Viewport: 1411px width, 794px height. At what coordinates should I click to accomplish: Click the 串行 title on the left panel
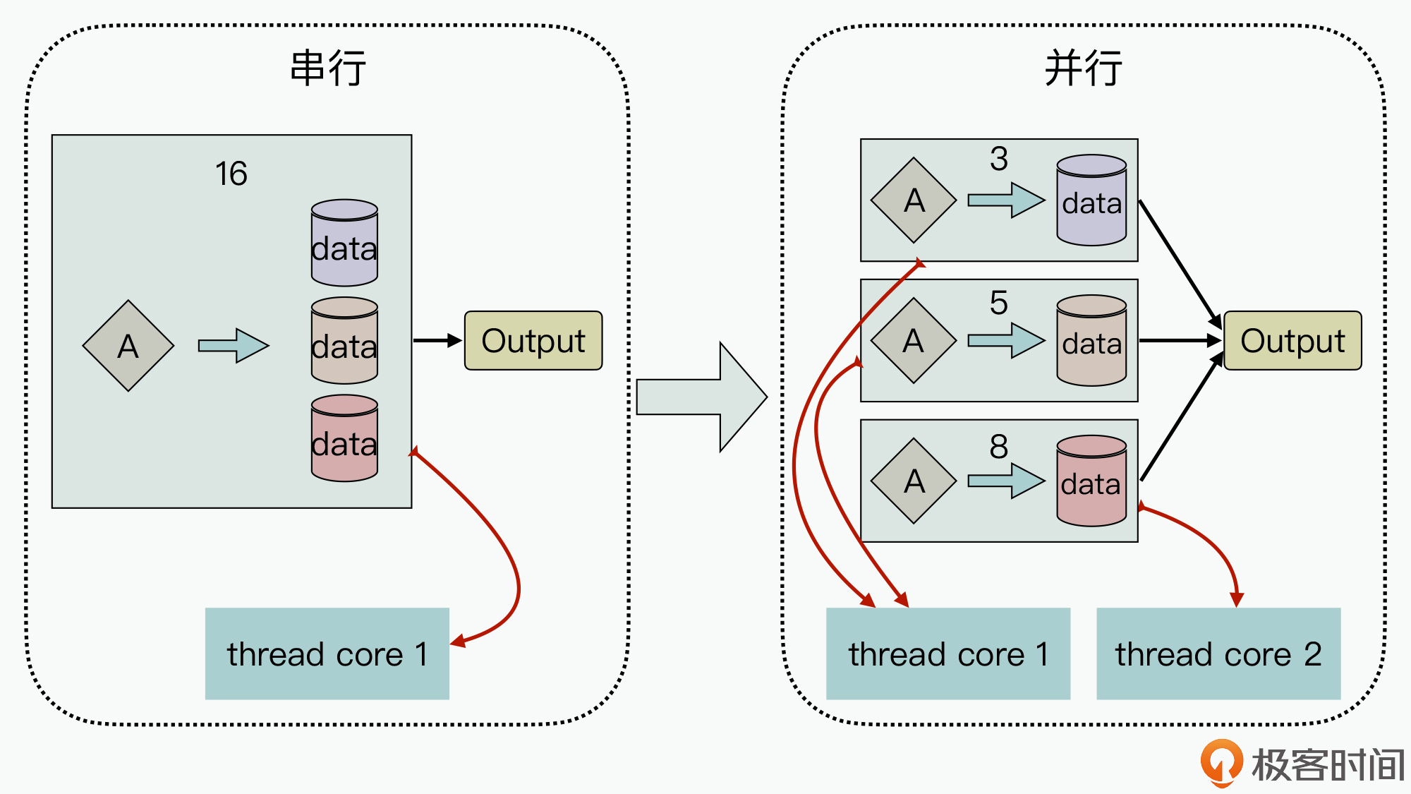pyautogui.click(x=328, y=68)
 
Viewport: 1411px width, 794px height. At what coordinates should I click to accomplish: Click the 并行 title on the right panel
pyautogui.click(x=1083, y=68)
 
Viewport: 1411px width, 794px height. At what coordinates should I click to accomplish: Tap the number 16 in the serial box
pyautogui.click(x=231, y=174)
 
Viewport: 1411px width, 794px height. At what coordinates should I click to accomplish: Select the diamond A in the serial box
pyautogui.click(x=128, y=346)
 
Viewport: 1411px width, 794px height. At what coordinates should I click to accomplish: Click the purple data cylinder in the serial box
pyautogui.click(x=344, y=243)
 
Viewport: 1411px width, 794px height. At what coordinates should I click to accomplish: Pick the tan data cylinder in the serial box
pyautogui.click(x=344, y=340)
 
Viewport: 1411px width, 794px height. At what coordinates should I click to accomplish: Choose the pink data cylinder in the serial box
pyautogui.click(x=344, y=438)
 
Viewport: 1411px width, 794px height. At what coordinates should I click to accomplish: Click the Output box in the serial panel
pyautogui.click(x=533, y=341)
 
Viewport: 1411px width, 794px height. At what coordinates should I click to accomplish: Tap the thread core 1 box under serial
pyautogui.click(x=327, y=654)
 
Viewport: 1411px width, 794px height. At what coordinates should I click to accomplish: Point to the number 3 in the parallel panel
pyautogui.click(x=998, y=159)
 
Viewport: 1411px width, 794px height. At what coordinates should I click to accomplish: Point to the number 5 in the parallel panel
pyautogui.click(x=998, y=303)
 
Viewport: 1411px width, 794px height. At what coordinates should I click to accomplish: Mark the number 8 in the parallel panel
pyautogui.click(x=998, y=446)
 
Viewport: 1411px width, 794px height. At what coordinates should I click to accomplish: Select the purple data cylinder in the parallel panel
pyautogui.click(x=1091, y=200)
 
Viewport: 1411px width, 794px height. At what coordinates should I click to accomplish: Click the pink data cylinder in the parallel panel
pyautogui.click(x=1091, y=481)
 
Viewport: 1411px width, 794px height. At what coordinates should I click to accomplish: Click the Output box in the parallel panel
pyautogui.click(x=1292, y=341)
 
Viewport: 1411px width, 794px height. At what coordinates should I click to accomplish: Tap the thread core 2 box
pyautogui.click(x=1218, y=654)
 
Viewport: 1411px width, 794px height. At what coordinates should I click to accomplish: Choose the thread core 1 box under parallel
pyautogui.click(x=948, y=654)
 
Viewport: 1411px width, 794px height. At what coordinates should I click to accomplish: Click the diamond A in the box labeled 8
pyautogui.click(x=914, y=481)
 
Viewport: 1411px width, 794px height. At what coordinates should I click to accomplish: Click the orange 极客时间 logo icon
pyautogui.click(x=1221, y=762)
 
